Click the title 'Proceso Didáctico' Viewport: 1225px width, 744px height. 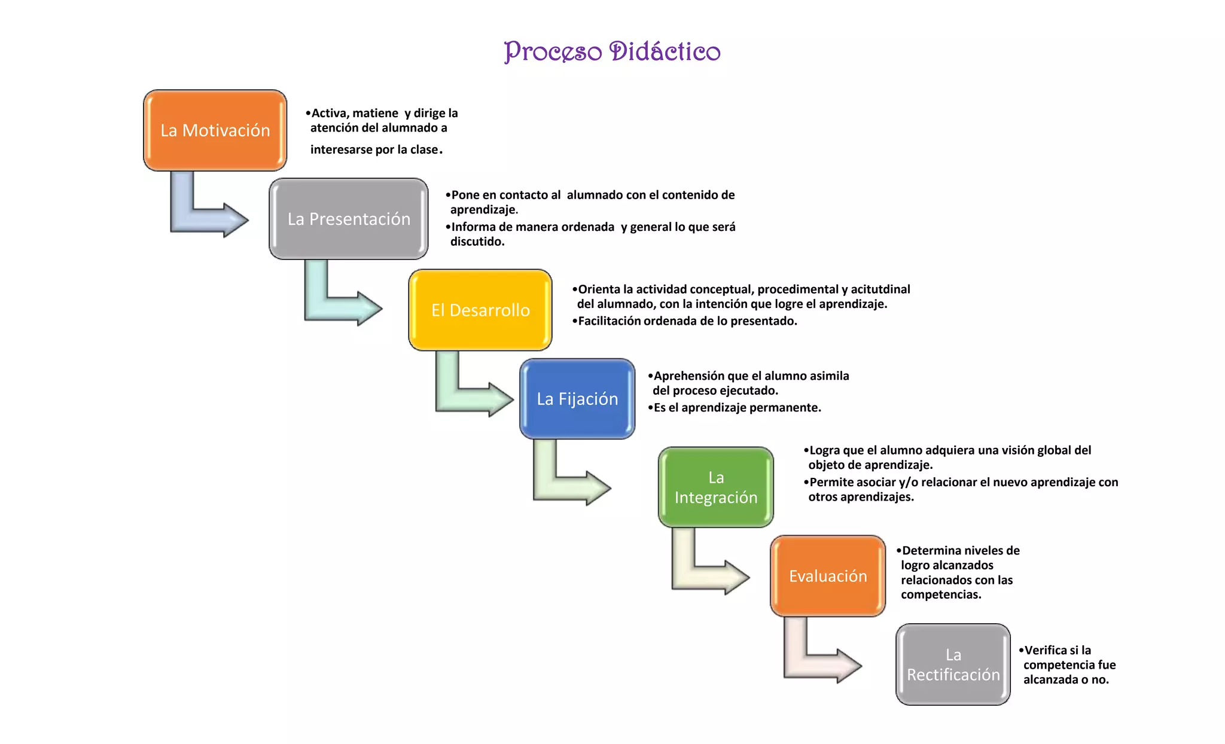click(x=612, y=51)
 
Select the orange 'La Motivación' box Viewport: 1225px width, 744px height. click(x=215, y=130)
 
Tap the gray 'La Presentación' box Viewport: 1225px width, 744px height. click(x=349, y=219)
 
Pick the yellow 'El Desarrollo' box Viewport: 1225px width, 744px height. click(x=480, y=310)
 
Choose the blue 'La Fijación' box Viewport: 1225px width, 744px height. click(x=577, y=399)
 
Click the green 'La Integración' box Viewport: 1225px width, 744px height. click(x=715, y=487)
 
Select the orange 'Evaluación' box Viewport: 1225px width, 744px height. click(x=828, y=576)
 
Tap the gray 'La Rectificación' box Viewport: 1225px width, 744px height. click(x=953, y=664)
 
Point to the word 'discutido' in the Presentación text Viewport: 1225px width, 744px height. click(x=476, y=242)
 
